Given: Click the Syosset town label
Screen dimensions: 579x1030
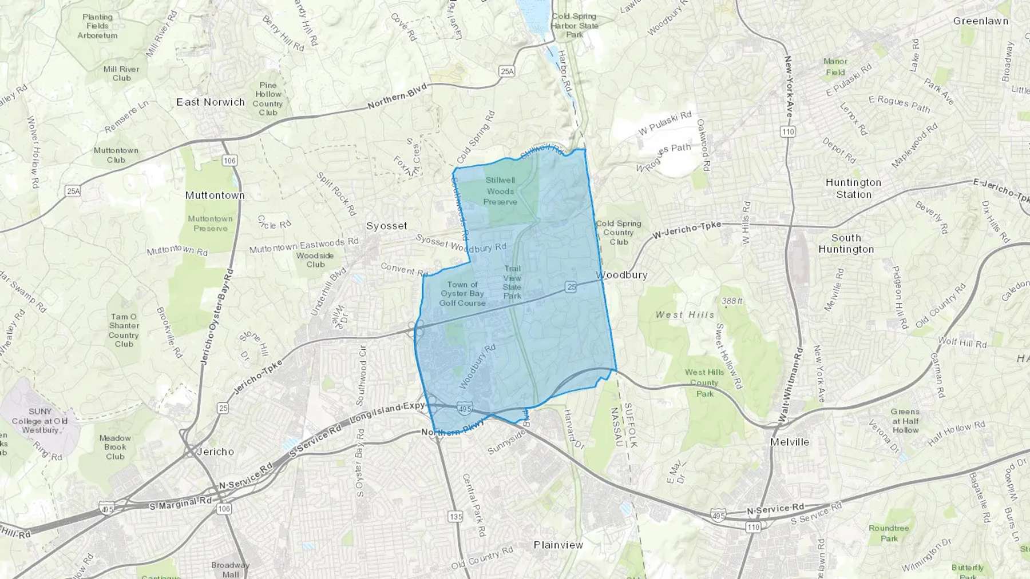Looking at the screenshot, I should [x=387, y=226].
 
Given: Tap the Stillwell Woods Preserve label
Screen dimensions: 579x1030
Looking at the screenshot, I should [x=500, y=191].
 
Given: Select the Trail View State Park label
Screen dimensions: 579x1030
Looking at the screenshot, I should [x=512, y=282].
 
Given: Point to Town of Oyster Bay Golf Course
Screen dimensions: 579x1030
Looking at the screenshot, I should [x=462, y=293].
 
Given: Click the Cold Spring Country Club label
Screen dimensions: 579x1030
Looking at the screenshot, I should [x=619, y=233].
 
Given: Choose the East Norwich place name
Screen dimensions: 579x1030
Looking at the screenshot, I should [x=211, y=102].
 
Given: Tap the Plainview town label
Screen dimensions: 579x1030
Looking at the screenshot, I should [x=558, y=545].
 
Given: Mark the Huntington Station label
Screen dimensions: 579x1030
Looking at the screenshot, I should [x=853, y=188].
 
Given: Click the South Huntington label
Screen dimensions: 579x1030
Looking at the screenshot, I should [x=846, y=243].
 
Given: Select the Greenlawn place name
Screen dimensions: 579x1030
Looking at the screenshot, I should [x=980, y=21].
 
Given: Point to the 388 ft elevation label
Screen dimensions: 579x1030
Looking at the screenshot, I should [x=732, y=301].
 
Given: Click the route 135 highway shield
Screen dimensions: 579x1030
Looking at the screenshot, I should [x=455, y=517].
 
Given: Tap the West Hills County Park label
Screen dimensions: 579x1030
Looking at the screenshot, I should [x=704, y=382].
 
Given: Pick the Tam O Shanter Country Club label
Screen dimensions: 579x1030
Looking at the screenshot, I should [x=124, y=330].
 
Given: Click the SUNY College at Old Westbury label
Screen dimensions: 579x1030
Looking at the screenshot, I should [x=39, y=421].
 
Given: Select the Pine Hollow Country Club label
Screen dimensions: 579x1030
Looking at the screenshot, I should [x=268, y=99].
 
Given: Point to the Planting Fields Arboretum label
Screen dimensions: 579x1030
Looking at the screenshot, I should [x=97, y=26].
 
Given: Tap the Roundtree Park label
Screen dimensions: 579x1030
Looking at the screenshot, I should [x=889, y=533].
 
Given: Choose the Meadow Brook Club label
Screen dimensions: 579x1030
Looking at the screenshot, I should [x=115, y=447].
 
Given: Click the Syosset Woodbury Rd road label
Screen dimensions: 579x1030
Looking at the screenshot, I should [x=461, y=243].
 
